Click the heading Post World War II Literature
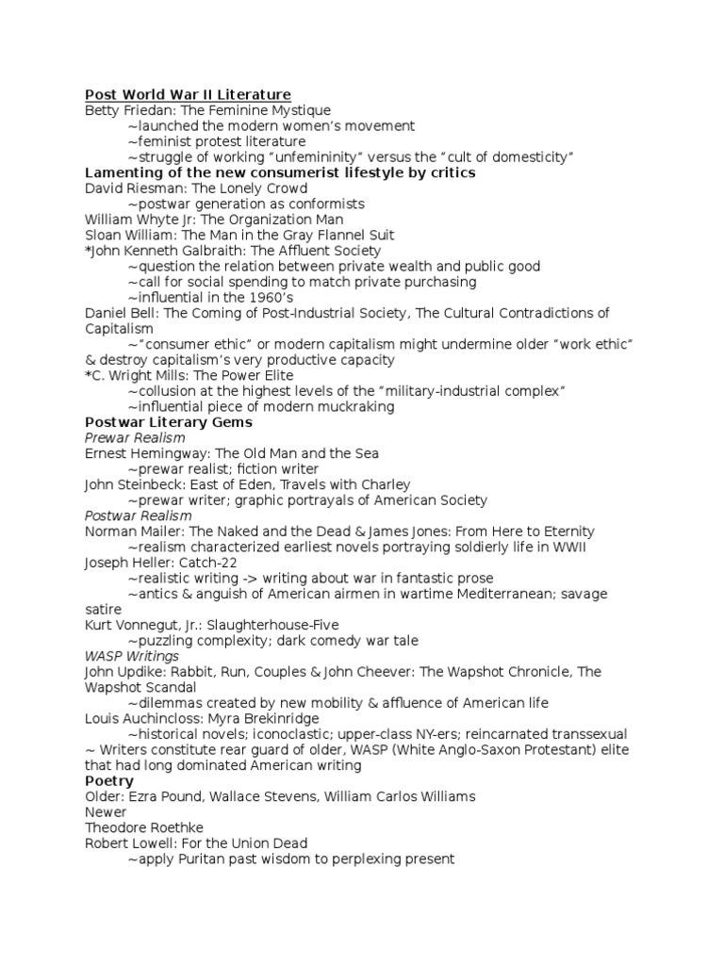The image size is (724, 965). [188, 94]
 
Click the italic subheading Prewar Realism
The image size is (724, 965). [135, 438]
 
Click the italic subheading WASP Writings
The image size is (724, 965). [132, 656]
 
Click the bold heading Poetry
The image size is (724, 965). [109, 781]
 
